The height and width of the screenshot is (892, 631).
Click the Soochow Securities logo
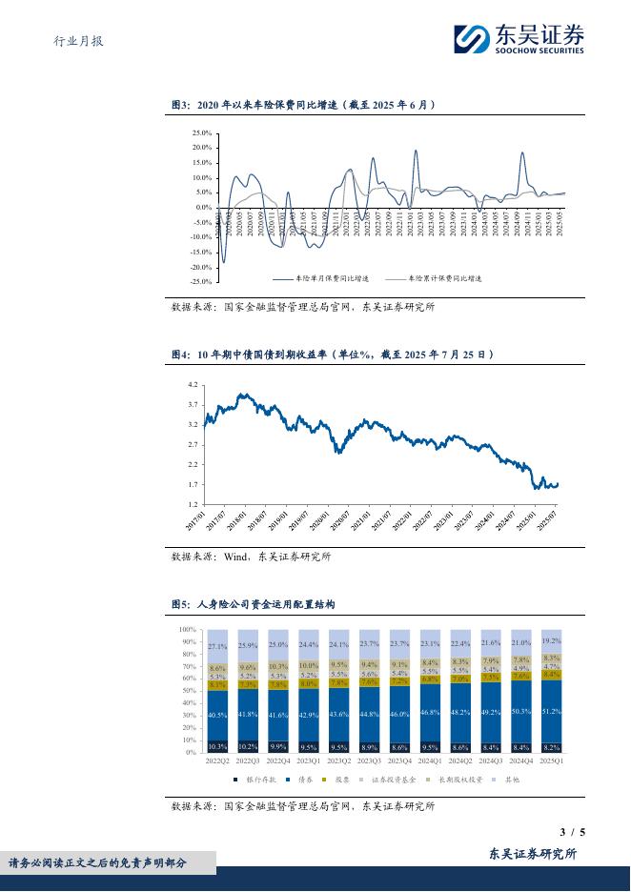pos(519,39)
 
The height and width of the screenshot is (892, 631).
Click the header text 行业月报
pos(77,41)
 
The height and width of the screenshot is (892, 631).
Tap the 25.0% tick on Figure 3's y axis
pos(201,133)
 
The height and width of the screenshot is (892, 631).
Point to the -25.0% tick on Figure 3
pos(199,282)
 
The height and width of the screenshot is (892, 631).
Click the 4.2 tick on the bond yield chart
pos(193,385)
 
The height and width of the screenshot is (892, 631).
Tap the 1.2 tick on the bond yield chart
pos(193,504)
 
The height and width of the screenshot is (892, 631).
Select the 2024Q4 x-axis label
pos(521,760)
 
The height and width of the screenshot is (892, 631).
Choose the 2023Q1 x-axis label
pos(309,760)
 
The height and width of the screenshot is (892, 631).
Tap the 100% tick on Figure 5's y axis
pos(188,630)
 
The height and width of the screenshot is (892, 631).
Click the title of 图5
pos(253,604)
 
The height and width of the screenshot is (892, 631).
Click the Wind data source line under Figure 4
pos(251,556)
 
